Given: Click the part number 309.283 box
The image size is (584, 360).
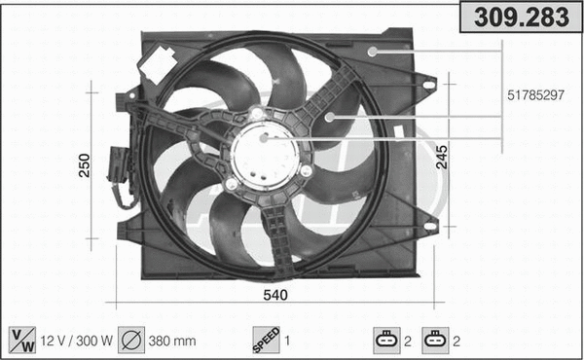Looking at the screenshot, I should [520, 17].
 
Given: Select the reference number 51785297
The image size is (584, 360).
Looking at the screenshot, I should [535, 96].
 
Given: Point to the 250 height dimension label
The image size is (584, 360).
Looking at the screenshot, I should [85, 166].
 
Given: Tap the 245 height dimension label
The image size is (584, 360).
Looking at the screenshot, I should [442, 156].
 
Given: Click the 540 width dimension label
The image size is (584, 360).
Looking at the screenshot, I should [276, 294].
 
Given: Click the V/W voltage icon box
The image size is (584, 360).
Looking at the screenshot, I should [21, 340].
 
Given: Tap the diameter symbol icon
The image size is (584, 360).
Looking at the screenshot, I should [132, 340].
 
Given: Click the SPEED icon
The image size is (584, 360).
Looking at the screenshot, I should [267, 340].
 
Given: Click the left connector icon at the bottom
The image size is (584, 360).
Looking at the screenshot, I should [387, 340].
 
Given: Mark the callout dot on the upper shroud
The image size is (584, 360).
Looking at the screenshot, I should [373, 50].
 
